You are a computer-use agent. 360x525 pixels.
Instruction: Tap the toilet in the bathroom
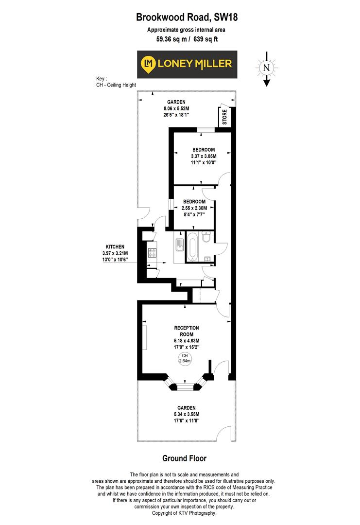206,238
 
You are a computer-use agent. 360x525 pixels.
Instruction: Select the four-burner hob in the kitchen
152,253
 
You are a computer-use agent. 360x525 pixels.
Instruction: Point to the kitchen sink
179,246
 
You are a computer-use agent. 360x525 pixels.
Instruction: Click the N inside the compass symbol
266,68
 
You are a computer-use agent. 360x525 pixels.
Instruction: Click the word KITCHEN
116,246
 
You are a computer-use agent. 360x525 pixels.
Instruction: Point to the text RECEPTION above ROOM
187,328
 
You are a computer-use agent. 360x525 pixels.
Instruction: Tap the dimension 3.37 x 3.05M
204,156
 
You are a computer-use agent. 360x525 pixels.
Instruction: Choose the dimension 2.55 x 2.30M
194,208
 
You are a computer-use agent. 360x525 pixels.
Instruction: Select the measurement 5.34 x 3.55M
187,414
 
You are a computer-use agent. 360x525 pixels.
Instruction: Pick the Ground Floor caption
184,458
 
